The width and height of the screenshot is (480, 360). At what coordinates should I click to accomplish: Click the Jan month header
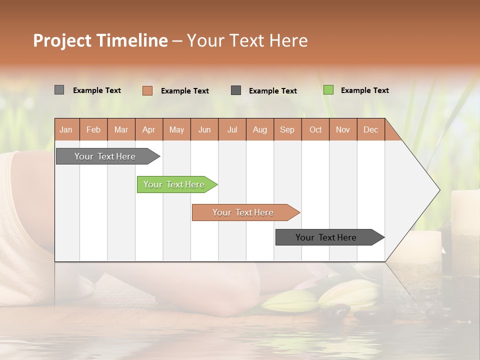coord(66,129)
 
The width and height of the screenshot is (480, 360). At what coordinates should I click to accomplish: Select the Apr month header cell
coord(149,129)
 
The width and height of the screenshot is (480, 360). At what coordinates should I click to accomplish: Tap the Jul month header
coord(232,129)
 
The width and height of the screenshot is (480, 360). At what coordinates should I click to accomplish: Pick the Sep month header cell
coord(287,129)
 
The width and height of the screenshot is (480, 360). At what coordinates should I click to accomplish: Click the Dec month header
coord(370,129)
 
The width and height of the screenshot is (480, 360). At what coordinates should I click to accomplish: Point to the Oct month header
coord(315,129)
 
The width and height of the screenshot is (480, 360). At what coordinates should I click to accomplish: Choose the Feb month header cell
coord(93,129)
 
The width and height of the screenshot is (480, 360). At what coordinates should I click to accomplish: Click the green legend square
coord(328,90)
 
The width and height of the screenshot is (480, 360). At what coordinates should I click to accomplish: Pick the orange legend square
coord(147,90)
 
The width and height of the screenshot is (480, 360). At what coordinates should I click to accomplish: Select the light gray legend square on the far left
coord(59,90)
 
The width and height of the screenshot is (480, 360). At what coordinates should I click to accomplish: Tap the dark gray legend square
coord(236,90)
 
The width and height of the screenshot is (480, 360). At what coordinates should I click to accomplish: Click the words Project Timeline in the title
coord(100,40)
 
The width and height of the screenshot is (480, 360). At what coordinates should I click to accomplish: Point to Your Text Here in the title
coord(247,40)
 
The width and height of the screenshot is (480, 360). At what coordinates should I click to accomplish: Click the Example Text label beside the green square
coord(364,90)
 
